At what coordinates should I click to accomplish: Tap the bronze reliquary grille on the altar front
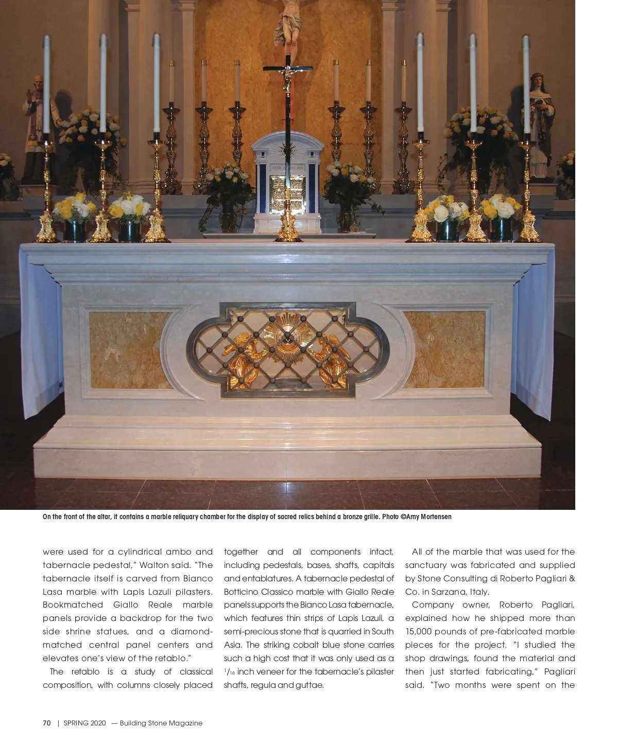click(287, 350)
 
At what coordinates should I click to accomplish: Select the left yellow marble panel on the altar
click(131, 350)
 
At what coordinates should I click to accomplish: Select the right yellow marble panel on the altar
click(444, 350)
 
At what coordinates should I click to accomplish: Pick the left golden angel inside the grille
click(246, 360)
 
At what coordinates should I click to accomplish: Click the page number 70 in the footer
click(47, 723)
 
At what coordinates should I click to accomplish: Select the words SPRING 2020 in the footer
click(84, 723)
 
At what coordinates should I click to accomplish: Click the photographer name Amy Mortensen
click(428, 517)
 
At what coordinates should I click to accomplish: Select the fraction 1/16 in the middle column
click(230, 672)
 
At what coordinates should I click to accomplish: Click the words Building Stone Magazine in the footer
click(161, 723)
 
